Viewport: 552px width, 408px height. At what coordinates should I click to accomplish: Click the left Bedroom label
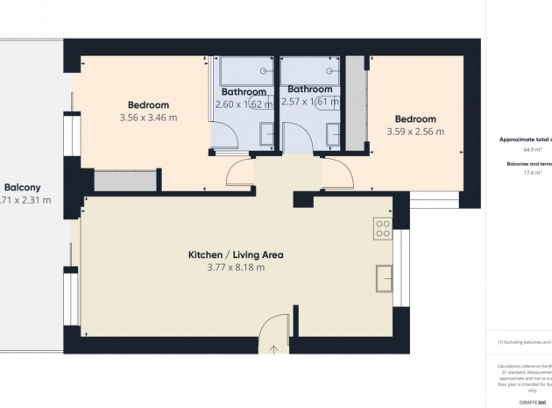148,105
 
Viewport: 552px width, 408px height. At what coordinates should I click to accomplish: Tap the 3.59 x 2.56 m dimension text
415,132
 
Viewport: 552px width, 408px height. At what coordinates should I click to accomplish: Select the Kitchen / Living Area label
236,255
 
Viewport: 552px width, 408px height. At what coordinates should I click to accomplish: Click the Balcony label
22,187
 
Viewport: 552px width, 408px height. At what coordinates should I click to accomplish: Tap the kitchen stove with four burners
383,229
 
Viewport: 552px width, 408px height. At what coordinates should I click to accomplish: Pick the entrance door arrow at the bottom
273,348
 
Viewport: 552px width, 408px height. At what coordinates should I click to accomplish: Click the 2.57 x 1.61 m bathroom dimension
310,103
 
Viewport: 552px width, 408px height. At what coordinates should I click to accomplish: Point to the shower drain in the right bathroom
329,69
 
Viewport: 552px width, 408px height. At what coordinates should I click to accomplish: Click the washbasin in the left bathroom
265,133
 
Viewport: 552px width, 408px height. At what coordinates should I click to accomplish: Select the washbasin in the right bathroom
333,133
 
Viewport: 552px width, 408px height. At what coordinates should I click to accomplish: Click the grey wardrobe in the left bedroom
124,181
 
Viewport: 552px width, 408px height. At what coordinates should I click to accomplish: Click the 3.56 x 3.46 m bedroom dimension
148,118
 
